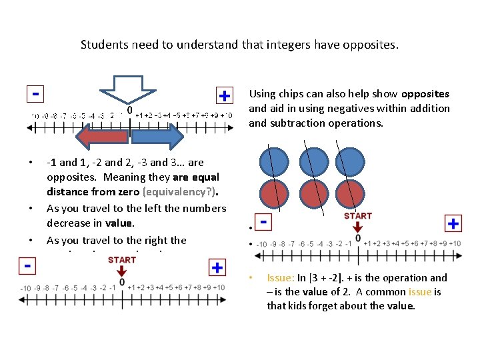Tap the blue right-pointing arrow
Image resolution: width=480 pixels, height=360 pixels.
[155, 136]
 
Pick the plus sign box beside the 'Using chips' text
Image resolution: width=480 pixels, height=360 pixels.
[225, 96]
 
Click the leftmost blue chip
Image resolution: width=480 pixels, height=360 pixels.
[274, 162]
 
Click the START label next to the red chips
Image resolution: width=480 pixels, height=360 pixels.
[358, 215]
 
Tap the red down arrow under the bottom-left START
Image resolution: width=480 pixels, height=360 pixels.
[121, 271]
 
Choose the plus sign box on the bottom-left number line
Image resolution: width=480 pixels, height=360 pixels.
[217, 267]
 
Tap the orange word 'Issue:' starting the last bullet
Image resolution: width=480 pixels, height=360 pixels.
[280, 278]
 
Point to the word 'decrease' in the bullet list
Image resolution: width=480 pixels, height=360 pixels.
[68, 223]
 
